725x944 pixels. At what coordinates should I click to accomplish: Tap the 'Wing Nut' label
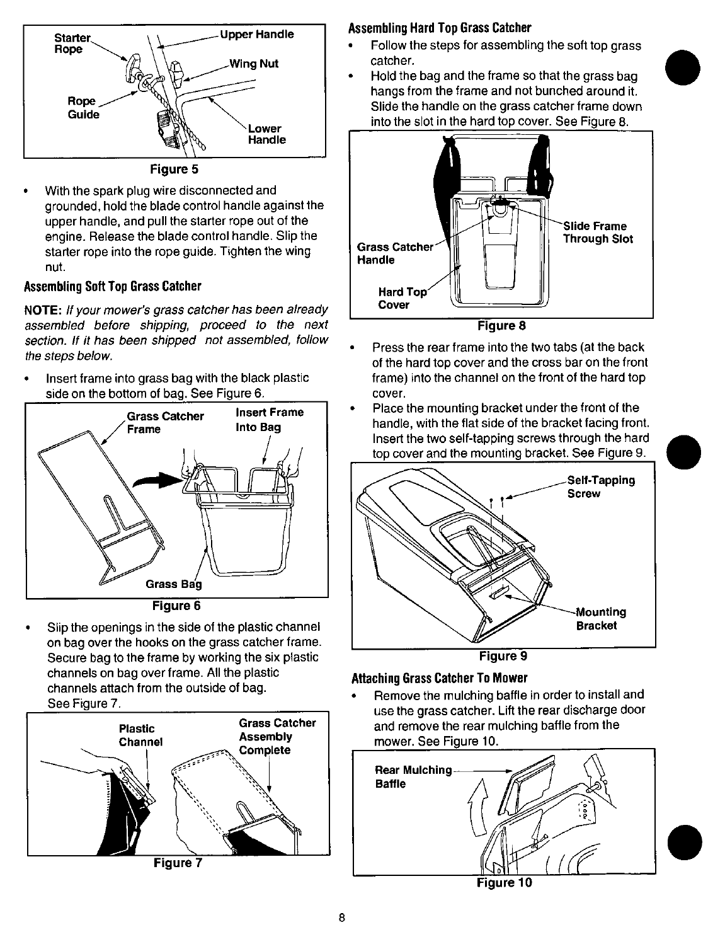(254, 64)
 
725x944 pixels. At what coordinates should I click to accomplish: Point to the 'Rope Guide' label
(83, 108)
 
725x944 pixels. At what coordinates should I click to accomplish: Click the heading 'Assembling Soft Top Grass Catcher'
(112, 287)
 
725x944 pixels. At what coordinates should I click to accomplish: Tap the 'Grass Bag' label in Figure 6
(174, 584)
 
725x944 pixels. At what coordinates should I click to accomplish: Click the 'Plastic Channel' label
(140, 735)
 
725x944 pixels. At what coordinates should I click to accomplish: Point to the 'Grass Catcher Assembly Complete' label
(277, 736)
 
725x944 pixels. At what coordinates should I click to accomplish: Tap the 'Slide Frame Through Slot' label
(597, 232)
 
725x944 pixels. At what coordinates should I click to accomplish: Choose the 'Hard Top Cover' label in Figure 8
(402, 299)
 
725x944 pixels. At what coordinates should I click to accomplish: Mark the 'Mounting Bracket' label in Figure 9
(600, 619)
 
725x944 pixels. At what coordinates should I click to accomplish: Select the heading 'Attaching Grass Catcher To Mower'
(439, 678)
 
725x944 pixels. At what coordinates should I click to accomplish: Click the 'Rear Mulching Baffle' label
(413, 777)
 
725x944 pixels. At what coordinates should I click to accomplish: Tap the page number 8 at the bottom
(340, 918)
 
